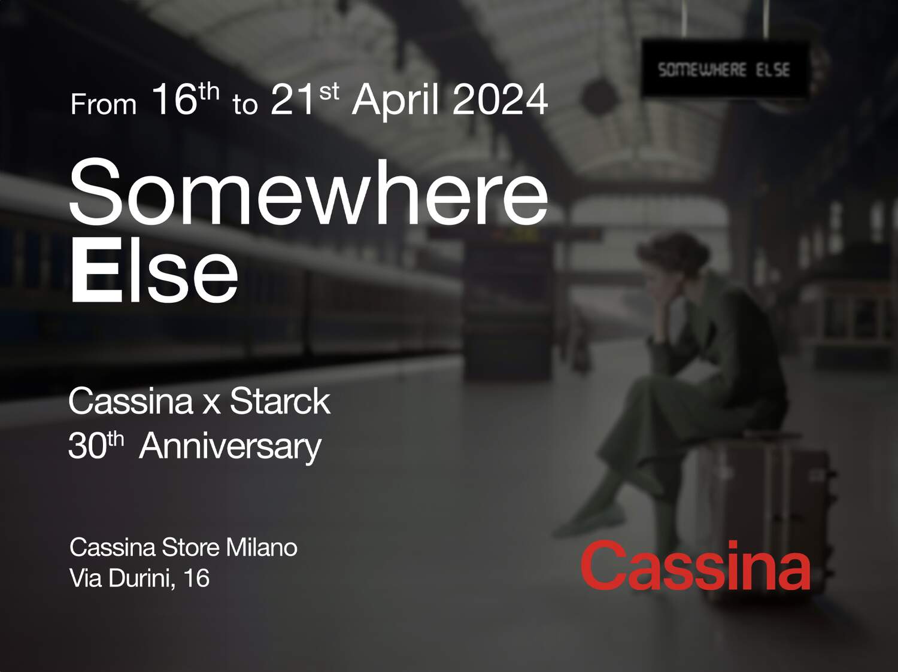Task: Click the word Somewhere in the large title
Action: [x=309, y=191]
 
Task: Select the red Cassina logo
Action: [x=696, y=565]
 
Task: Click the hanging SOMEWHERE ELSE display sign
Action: [x=725, y=69]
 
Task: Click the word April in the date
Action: [x=395, y=101]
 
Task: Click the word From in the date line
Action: [x=104, y=104]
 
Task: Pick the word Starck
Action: [x=280, y=402]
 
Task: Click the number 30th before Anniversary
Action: [x=96, y=445]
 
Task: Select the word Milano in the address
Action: [x=262, y=548]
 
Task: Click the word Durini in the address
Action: [x=142, y=577]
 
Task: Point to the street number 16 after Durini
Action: [x=196, y=577]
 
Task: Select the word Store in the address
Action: [x=190, y=548]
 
